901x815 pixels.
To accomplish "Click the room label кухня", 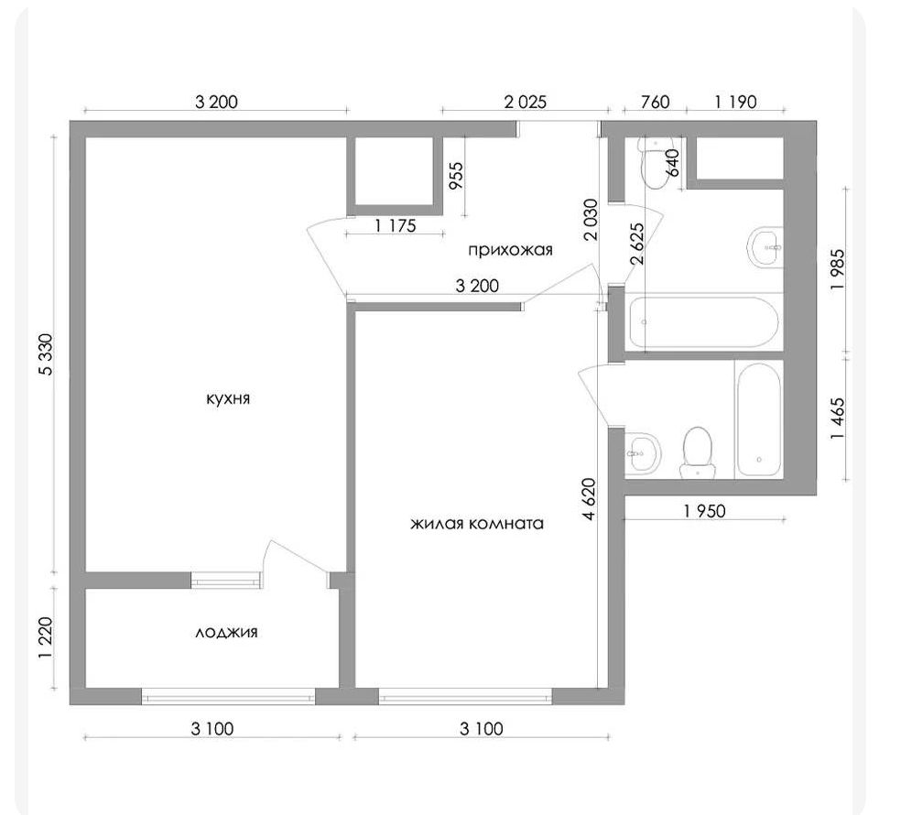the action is coord(228,399).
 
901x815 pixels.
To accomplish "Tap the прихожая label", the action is coord(510,250).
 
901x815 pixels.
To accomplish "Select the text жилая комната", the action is coord(477,524).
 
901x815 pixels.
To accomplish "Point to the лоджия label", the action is coord(226,633).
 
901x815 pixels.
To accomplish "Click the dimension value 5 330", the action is coord(46,354).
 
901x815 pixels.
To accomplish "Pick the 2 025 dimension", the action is coord(526,103).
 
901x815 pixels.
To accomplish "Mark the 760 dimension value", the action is coord(655,103).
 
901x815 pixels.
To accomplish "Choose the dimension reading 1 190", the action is coord(735,103).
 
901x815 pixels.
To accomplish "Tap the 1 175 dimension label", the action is coord(396,226).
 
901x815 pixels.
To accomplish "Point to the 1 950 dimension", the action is coord(704,510).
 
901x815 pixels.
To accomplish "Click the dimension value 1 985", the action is coord(839,269).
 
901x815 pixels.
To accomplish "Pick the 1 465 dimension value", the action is coord(839,418).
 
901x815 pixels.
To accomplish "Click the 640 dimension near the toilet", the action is coord(673,163).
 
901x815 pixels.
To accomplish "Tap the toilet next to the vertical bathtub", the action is coord(698,453).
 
